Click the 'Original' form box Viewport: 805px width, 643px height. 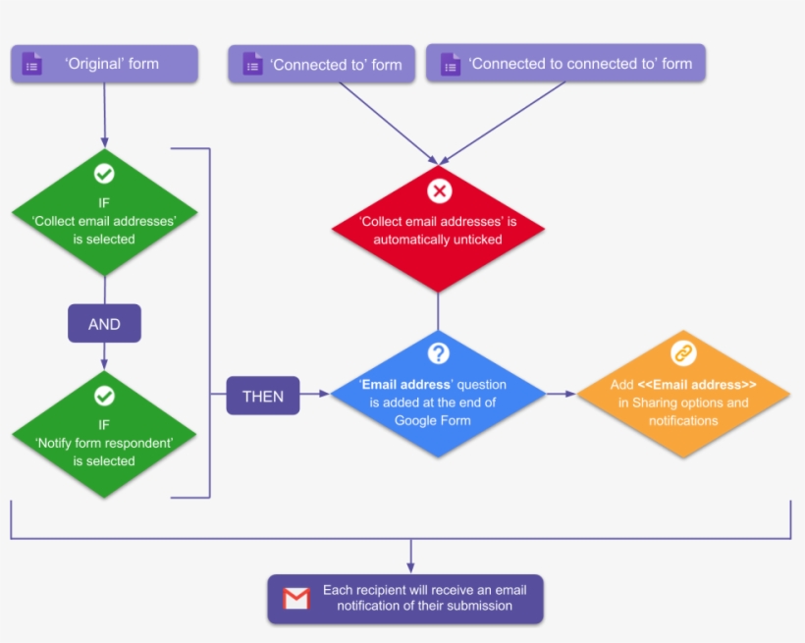[x=104, y=65]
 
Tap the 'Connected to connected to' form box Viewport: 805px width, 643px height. [x=565, y=65]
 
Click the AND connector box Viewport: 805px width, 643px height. [x=104, y=324]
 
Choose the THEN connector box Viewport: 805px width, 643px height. [x=262, y=396]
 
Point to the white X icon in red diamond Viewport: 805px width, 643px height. [x=439, y=190]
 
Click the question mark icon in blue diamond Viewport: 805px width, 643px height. [x=438, y=353]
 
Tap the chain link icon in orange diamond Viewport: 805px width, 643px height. [x=683, y=353]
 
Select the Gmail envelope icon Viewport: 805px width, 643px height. [x=295, y=599]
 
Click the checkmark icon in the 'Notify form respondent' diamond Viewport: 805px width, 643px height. [x=104, y=396]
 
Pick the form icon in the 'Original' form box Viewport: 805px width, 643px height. [x=32, y=65]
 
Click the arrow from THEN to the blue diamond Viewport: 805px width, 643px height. [x=315, y=396]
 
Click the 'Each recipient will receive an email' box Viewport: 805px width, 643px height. [x=405, y=599]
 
